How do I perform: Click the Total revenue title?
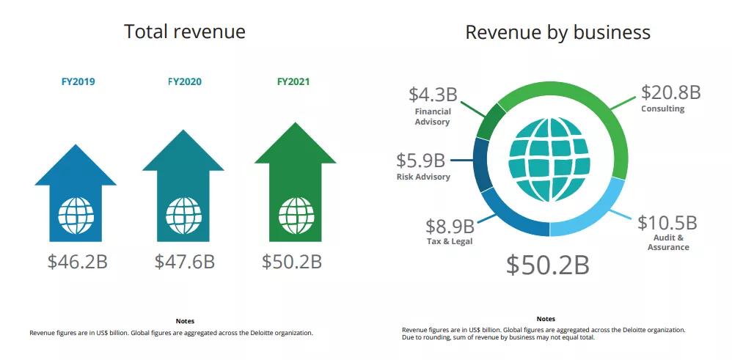pos(184,32)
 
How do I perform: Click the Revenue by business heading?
pos(557,32)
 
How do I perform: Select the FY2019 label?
pos(78,81)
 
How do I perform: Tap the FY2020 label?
pos(184,81)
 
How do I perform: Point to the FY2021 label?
pos(293,81)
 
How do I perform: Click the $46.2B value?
pos(77,262)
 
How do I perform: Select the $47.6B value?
pos(184,262)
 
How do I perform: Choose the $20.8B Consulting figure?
pos(670,92)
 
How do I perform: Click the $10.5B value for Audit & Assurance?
pos(667,222)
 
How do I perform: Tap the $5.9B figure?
pos(420,160)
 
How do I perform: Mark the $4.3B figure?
pos(433,95)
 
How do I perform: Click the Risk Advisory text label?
pos(423,177)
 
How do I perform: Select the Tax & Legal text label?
pos(450,241)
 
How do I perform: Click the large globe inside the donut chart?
pos(549,159)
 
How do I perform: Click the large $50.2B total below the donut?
pos(547,265)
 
